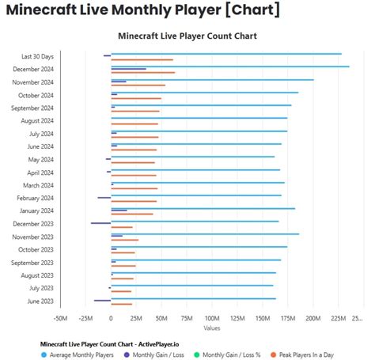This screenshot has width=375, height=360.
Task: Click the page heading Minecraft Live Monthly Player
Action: point(143,10)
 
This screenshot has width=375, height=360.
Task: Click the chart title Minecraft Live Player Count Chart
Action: point(187,36)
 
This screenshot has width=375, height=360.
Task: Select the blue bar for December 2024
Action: point(229,66)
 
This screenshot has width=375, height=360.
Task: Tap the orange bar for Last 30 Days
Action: point(142,59)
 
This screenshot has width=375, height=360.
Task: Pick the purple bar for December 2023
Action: point(100,223)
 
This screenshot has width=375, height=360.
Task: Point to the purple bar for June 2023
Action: point(102,301)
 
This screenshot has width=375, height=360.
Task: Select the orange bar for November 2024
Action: point(138,85)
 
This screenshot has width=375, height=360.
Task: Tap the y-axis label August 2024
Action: point(37,121)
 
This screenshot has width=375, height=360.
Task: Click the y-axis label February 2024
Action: point(36,198)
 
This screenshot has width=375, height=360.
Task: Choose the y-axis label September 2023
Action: point(32,263)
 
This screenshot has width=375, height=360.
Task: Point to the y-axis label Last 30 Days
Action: point(38,56)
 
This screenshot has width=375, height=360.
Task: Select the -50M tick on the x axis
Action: point(60,318)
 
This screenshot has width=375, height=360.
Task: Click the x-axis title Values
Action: point(211,328)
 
